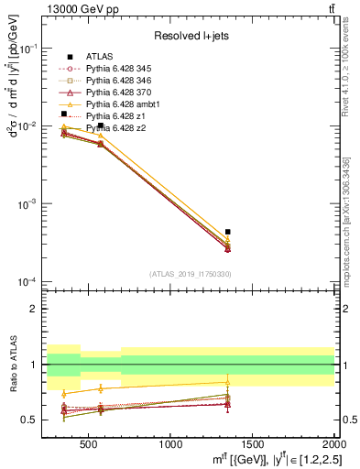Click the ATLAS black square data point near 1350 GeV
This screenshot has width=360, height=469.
(x=228, y=232)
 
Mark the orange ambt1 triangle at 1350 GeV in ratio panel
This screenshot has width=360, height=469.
(x=228, y=382)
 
